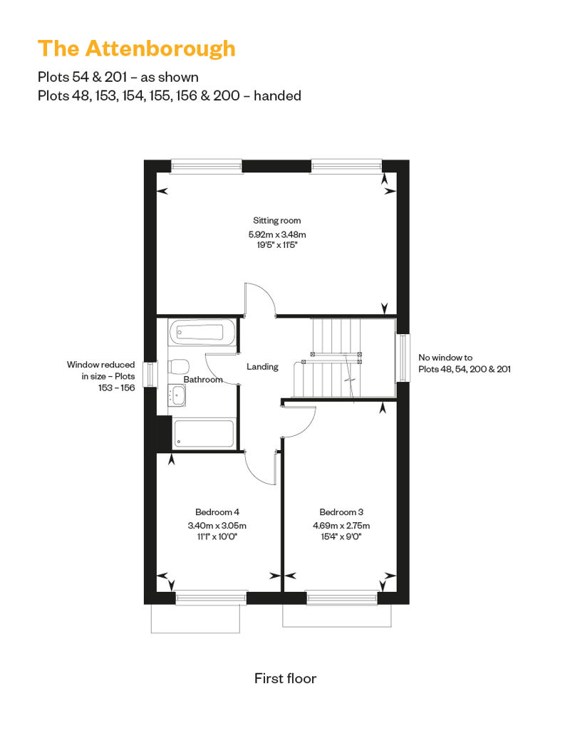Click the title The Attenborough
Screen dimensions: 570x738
137,49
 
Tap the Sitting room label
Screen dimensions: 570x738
276,220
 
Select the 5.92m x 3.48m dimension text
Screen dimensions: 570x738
276,234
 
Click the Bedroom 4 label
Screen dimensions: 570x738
217,512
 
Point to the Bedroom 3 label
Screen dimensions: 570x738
341,512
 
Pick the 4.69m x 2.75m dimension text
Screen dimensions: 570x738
341,526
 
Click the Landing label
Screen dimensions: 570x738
262,367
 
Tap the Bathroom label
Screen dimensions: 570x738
203,380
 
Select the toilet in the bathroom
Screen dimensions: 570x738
179,365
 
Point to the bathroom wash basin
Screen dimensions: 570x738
177,395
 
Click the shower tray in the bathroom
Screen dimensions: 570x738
203,433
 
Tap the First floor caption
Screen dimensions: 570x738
285,678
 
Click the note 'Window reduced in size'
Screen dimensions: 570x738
100,376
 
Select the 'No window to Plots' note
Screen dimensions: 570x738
464,363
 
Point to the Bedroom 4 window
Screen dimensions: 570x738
211,598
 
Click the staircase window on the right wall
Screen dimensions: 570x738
403,357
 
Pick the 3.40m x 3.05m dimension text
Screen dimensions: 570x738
217,526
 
